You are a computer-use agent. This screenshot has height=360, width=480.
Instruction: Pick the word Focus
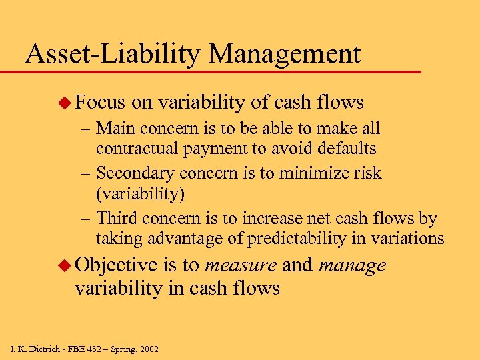100,102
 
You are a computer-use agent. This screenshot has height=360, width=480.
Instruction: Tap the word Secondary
133,173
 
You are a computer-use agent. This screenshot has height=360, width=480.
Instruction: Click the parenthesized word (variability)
140,194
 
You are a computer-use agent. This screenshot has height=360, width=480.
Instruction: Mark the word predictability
297,239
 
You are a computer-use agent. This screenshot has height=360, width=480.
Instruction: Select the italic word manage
353,266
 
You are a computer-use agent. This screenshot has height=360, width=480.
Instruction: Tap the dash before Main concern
87,127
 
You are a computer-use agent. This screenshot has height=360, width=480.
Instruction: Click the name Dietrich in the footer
45,349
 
